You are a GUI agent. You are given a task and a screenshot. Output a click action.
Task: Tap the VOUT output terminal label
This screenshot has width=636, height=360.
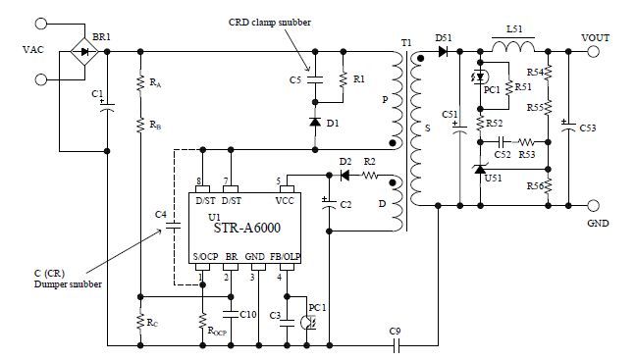click(x=595, y=37)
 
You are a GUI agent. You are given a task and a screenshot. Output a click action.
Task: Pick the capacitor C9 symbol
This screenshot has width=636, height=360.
click(x=395, y=345)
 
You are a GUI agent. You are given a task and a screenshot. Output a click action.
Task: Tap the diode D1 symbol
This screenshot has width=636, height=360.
click(x=313, y=123)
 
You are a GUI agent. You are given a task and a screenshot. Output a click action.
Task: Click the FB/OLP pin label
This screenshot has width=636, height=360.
click(x=286, y=256)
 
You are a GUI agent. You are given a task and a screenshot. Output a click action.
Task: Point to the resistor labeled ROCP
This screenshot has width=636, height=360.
click(x=202, y=320)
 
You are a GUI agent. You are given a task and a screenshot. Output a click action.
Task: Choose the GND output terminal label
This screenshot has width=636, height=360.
click(x=598, y=223)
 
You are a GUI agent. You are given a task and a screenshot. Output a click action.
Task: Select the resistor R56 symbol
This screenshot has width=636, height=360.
click(x=549, y=185)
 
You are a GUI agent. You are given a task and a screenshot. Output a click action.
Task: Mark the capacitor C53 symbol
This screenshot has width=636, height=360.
click(x=567, y=128)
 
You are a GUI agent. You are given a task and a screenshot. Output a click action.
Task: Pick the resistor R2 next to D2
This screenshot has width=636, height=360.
click(x=369, y=176)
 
